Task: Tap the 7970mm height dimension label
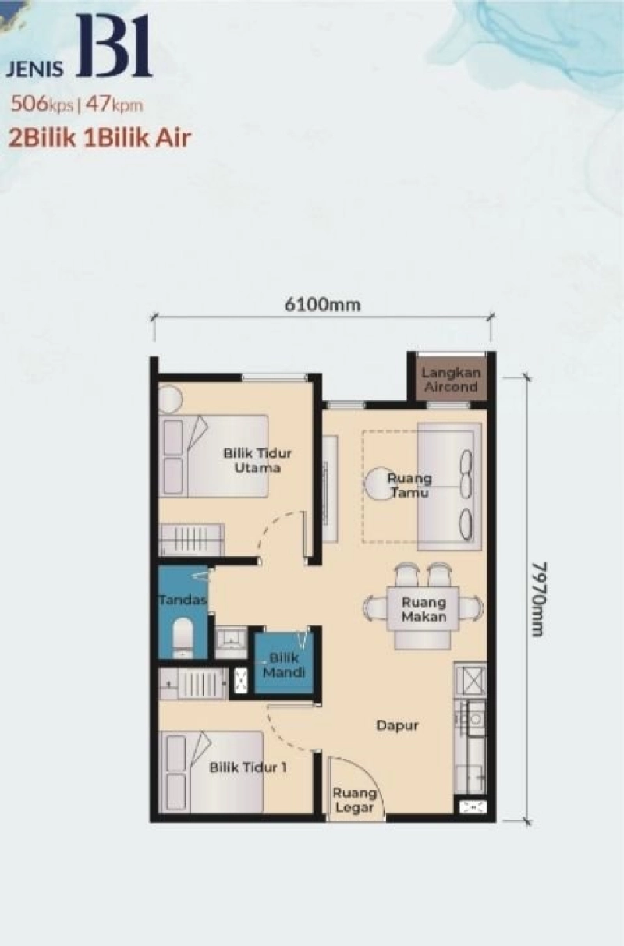[537, 597]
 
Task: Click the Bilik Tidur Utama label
[251, 460]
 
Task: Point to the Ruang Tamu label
[411, 486]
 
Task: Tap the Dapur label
[397, 725]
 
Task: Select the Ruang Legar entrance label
[355, 801]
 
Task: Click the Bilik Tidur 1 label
[248, 767]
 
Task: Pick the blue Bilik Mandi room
[283, 663]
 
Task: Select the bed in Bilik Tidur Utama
[214, 456]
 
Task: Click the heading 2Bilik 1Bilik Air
[100, 138]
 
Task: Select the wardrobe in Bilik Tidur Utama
[192, 539]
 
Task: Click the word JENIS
[37, 69]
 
